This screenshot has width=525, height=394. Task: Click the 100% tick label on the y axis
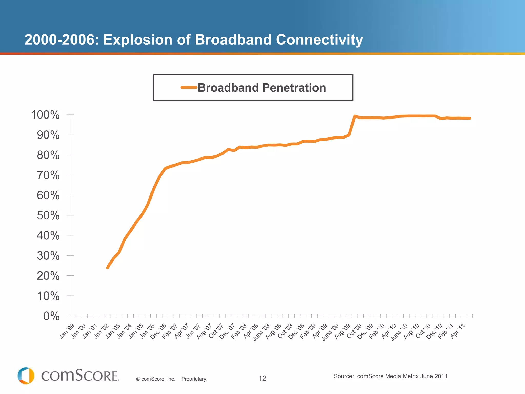coord(45,115)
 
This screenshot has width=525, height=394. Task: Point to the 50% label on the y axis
coord(48,215)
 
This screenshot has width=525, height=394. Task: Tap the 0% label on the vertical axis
coord(51,316)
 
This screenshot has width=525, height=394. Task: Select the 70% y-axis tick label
coord(48,175)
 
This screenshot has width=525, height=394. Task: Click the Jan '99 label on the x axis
coord(67,331)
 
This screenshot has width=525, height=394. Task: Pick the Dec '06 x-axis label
coord(158,332)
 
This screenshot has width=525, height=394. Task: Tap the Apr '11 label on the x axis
coord(458,331)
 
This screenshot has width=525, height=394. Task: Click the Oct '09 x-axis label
coord(354,331)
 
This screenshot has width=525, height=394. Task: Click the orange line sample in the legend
coord(189,87)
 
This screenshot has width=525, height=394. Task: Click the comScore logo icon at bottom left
coord(26,376)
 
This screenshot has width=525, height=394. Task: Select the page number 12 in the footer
coord(262,378)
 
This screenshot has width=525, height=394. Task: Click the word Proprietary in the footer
coord(194,379)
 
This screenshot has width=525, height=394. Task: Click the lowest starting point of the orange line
coord(108,268)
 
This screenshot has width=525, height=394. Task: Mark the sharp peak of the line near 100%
coord(355,116)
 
